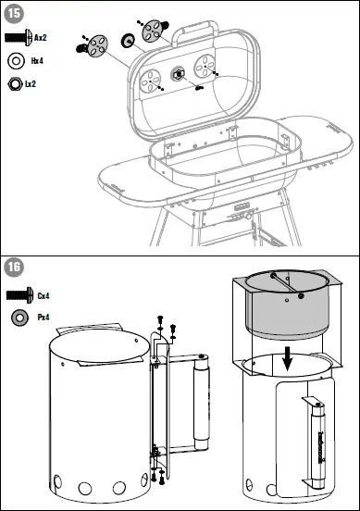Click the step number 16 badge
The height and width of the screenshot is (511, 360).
[x=14, y=268]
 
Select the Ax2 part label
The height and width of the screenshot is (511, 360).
[x=40, y=37]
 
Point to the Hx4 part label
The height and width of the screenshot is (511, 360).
[x=39, y=61]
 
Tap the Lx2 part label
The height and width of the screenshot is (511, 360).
[x=31, y=84]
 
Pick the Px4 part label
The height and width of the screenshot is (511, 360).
[x=43, y=318]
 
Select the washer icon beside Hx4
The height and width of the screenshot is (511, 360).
[x=16, y=61]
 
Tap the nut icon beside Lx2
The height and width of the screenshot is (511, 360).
[x=15, y=84]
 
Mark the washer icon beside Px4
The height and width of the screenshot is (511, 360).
[x=17, y=318]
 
